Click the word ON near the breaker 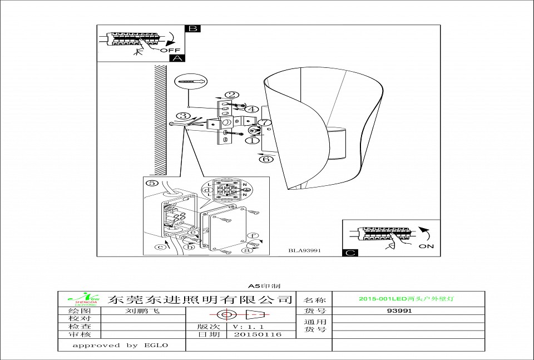tap(427, 245)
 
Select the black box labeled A tap(177, 57)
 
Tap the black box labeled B tap(192, 28)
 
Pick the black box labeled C tap(350, 253)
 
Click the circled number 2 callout tap(232, 95)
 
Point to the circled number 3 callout tap(183, 116)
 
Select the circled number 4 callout tap(251, 109)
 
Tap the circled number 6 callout tap(266, 159)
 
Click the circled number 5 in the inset tap(151, 183)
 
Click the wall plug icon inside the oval tap(191, 81)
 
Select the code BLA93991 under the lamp tap(304, 250)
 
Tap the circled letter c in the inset tap(160, 247)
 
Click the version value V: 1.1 tap(248, 327)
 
